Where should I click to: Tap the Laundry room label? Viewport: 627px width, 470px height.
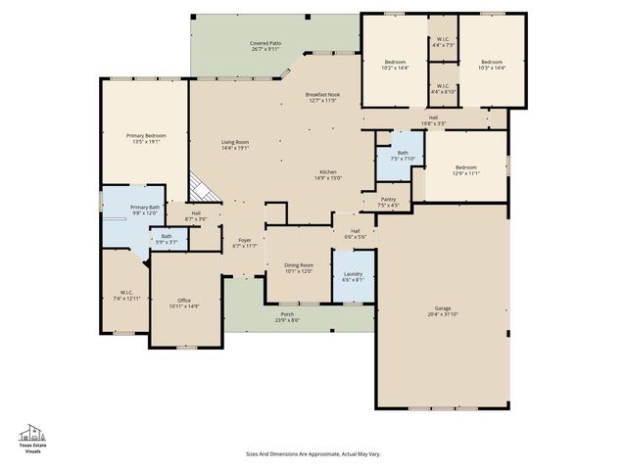(x=354, y=277)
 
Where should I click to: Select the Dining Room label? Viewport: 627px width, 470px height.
(x=298, y=267)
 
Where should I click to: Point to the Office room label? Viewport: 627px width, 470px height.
(x=184, y=304)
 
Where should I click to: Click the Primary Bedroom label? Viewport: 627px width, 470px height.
(x=145, y=138)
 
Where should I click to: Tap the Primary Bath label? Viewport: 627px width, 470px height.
(x=145, y=210)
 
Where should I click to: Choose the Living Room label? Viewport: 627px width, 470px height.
(x=235, y=145)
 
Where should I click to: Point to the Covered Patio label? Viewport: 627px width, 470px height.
(x=265, y=46)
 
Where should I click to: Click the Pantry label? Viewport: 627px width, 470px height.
(x=388, y=202)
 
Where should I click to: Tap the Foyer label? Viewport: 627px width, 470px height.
(x=245, y=243)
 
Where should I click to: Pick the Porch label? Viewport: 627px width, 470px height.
(x=287, y=318)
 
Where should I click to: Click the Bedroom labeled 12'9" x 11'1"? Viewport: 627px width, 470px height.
(x=465, y=169)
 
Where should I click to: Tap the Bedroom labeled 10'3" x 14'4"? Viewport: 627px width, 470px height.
(x=492, y=65)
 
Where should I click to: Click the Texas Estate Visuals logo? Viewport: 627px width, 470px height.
(x=33, y=439)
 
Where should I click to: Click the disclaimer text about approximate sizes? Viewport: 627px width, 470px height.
(x=312, y=453)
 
